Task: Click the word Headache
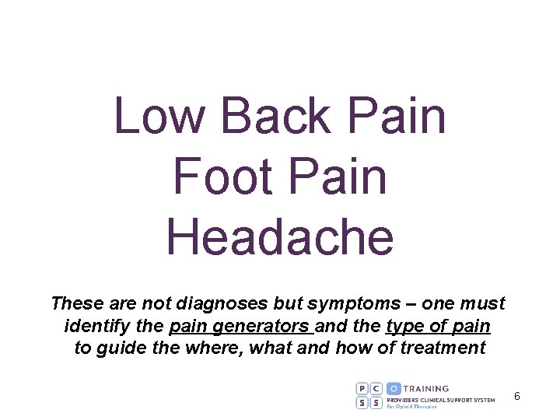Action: (x=280, y=236)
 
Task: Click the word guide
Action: (x=124, y=348)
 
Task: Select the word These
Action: (x=77, y=303)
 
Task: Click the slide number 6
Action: (x=516, y=397)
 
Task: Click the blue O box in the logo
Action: (x=394, y=388)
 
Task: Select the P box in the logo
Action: (x=363, y=388)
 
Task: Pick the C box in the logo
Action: (x=377, y=388)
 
